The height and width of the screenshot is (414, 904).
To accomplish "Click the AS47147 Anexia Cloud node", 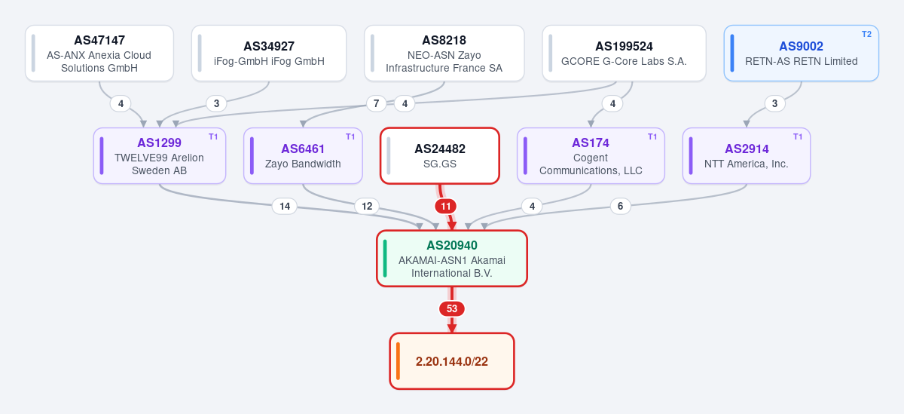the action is point(99,54).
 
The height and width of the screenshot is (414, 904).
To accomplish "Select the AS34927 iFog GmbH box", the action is point(269,54).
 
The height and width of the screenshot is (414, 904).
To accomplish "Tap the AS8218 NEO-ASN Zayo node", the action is point(444,54).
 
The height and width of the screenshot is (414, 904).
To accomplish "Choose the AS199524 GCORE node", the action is point(624,54).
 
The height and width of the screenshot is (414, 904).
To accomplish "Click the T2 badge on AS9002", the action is point(866,35).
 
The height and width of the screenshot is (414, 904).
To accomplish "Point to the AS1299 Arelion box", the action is point(160,156).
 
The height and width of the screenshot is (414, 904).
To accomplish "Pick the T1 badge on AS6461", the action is point(350,137).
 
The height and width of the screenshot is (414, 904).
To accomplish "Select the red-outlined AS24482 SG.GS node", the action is point(440,156).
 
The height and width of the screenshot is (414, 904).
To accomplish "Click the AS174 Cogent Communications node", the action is point(591,156).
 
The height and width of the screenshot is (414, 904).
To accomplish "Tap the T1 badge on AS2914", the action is point(798,137).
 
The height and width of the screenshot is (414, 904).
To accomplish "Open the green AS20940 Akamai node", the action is point(452,259).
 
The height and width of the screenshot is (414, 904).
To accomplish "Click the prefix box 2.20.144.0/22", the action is point(452,361).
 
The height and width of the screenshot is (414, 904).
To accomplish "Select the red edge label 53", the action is point(452,309).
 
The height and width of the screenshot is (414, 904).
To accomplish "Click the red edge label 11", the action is point(445,207).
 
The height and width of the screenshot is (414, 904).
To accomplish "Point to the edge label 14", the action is point(285,207).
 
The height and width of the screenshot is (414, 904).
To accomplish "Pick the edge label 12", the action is point(367,207).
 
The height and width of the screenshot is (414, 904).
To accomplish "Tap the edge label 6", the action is point(620,207).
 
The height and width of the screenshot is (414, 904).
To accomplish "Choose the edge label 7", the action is point(376,104).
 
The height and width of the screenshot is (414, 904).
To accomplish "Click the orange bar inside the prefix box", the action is point(398,361).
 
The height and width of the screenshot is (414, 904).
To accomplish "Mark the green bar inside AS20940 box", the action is point(385,259).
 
